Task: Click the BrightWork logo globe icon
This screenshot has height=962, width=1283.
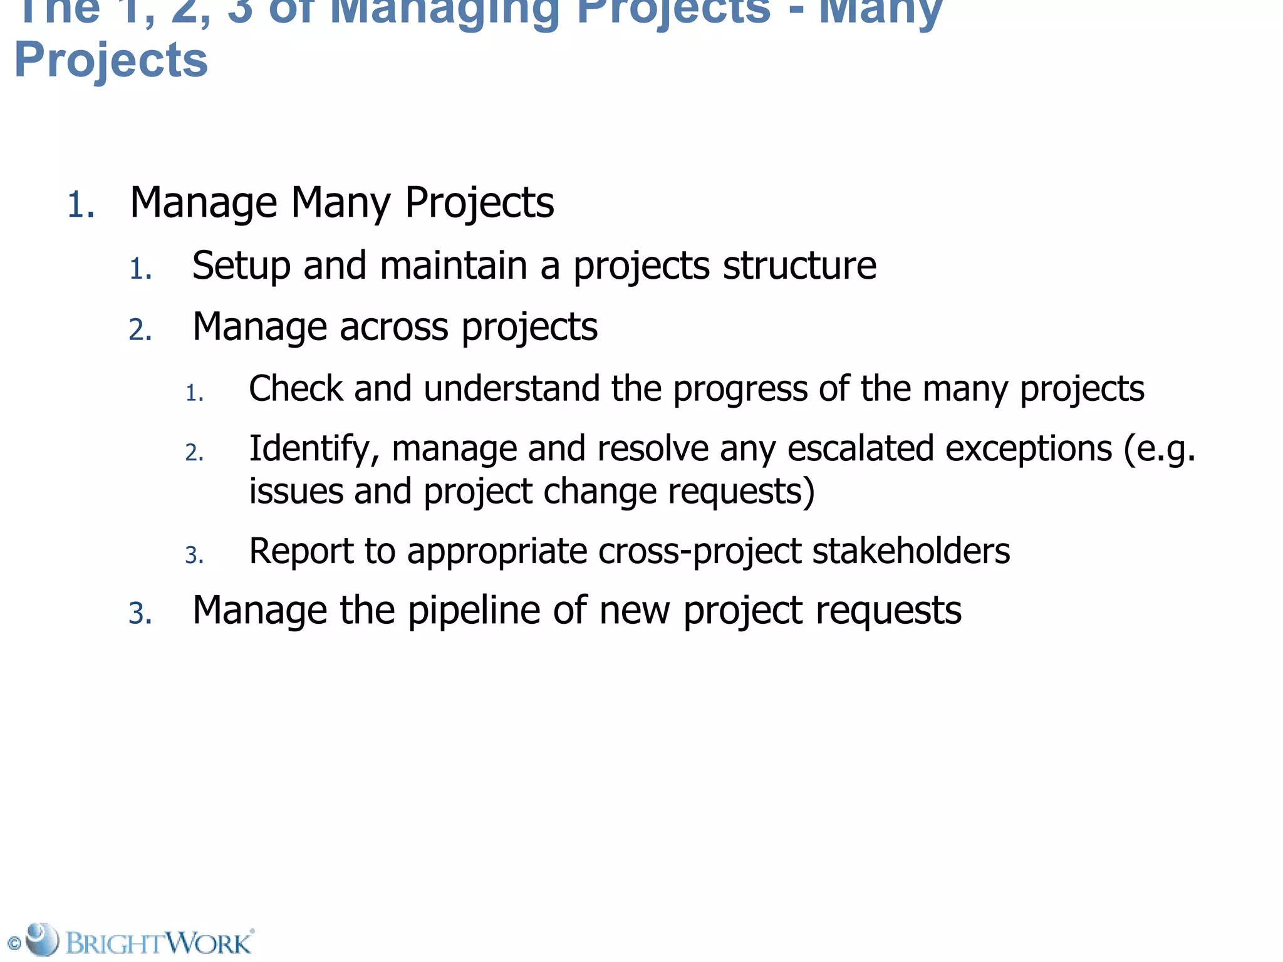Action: [x=42, y=939]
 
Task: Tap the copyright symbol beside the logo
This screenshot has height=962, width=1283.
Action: [x=14, y=944]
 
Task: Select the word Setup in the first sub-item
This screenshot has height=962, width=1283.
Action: [x=241, y=266]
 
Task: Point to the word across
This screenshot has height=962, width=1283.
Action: [x=394, y=327]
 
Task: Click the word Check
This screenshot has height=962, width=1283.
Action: [x=296, y=388]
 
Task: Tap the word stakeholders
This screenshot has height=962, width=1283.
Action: [x=911, y=551]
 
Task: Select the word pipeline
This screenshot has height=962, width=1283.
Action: [x=474, y=611]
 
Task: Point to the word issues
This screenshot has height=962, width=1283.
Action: [x=296, y=491]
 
